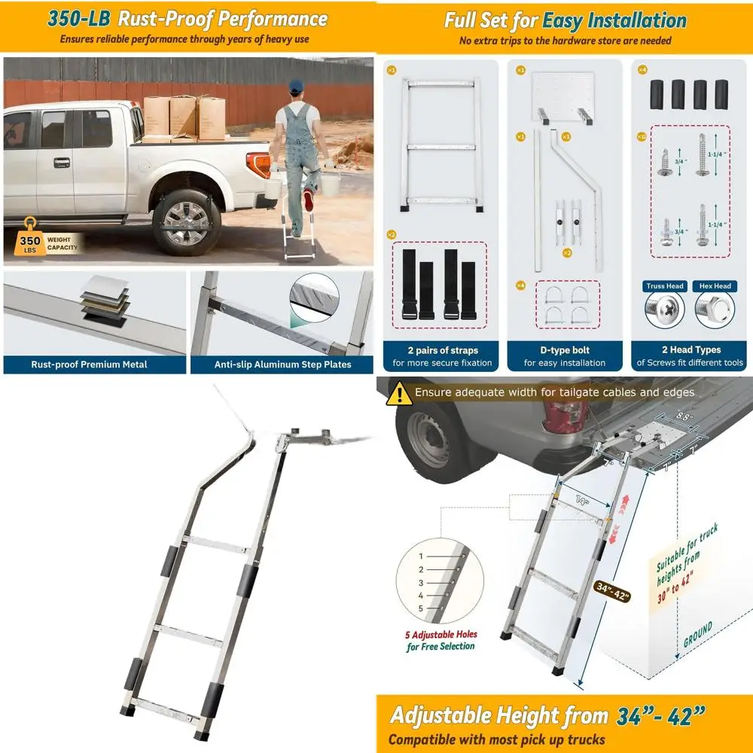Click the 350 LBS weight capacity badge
[32, 239]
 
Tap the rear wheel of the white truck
[182, 222]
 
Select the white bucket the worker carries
[331, 183]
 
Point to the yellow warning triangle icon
[398, 393]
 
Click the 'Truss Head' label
[665, 286]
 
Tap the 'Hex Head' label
[715, 286]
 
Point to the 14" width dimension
[581, 500]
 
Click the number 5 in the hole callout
[421, 608]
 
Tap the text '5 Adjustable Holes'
[441, 634]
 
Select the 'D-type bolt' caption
[566, 350]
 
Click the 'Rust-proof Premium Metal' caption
[89, 364]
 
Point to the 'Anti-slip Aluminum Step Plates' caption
[282, 364]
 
